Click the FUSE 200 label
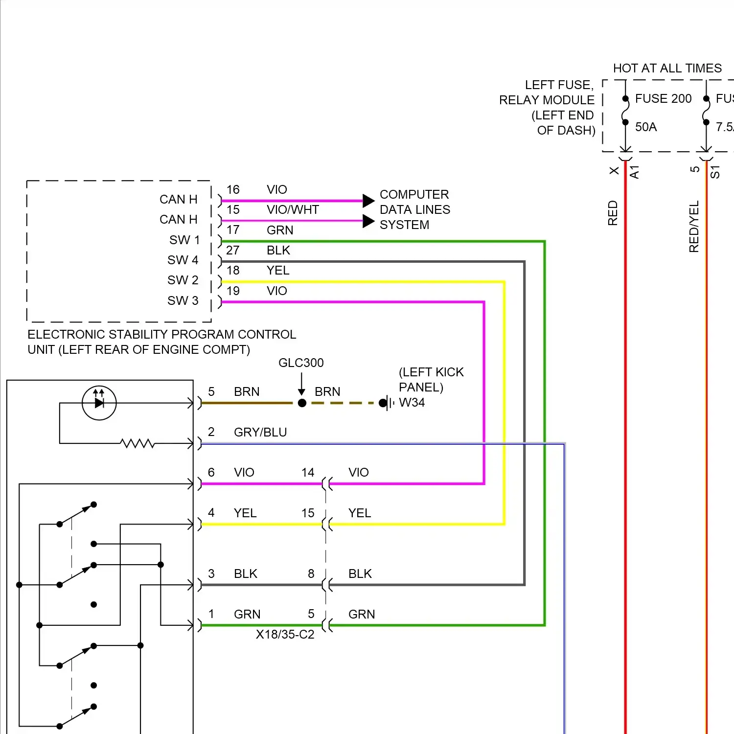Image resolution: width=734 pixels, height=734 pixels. point(663,99)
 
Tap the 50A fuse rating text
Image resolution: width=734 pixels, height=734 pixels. point(646,127)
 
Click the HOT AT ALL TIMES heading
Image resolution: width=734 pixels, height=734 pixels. point(667,68)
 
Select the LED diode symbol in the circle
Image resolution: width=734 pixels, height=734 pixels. point(99,403)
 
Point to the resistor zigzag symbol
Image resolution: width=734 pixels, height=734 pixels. point(138,443)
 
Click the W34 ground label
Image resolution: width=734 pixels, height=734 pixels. point(412,403)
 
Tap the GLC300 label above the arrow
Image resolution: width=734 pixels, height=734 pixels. point(301,363)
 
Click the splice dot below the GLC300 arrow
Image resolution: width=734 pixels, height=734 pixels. point(302,403)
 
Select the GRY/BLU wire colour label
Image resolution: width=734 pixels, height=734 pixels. point(260,432)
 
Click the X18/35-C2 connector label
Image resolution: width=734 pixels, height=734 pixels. point(285,635)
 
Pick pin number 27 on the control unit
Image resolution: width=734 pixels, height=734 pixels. point(233,250)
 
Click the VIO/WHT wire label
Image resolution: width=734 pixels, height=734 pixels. point(293,210)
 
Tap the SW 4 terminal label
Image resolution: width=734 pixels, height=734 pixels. point(183,260)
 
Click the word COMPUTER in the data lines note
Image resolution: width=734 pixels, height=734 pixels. point(414,194)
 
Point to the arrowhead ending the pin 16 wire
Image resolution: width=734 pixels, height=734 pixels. point(368,201)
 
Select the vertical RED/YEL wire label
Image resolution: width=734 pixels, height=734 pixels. point(694,226)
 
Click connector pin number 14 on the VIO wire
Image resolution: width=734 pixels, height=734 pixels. point(308,472)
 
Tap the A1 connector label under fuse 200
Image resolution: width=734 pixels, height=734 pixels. point(635,172)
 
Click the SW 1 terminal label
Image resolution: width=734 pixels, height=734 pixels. point(184,240)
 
